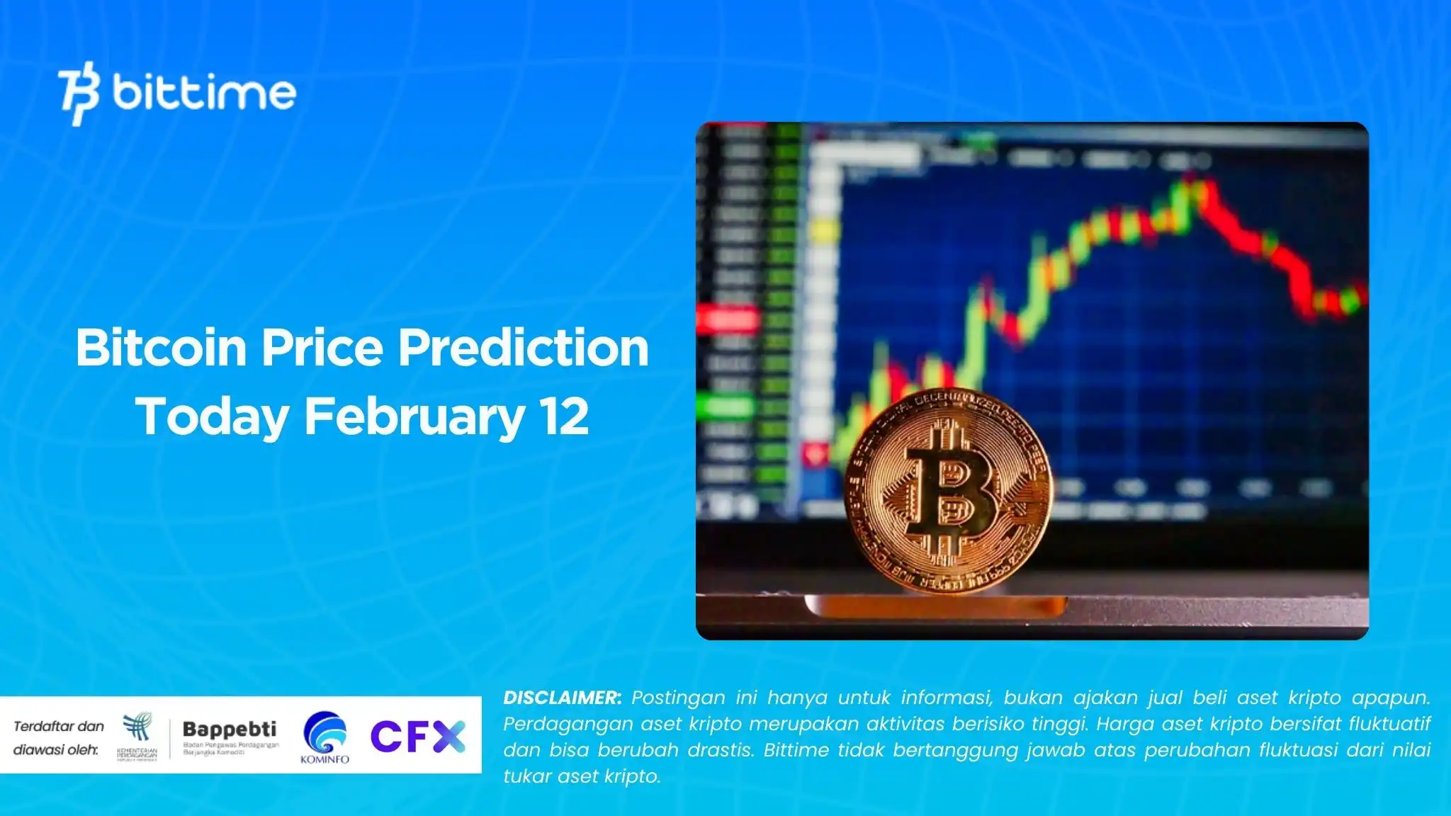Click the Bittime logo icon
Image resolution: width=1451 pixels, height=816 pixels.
click(79, 94)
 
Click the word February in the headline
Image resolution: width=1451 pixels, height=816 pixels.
click(414, 416)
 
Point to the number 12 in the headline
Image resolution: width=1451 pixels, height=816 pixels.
click(564, 416)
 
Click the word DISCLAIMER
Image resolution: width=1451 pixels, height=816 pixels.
click(562, 698)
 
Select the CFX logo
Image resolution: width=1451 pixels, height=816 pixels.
click(417, 737)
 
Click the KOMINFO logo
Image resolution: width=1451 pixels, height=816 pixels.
click(325, 737)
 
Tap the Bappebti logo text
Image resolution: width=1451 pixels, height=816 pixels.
click(230, 730)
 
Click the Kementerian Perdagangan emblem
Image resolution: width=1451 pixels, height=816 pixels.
click(137, 735)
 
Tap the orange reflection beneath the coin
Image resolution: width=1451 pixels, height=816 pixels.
click(935, 606)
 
